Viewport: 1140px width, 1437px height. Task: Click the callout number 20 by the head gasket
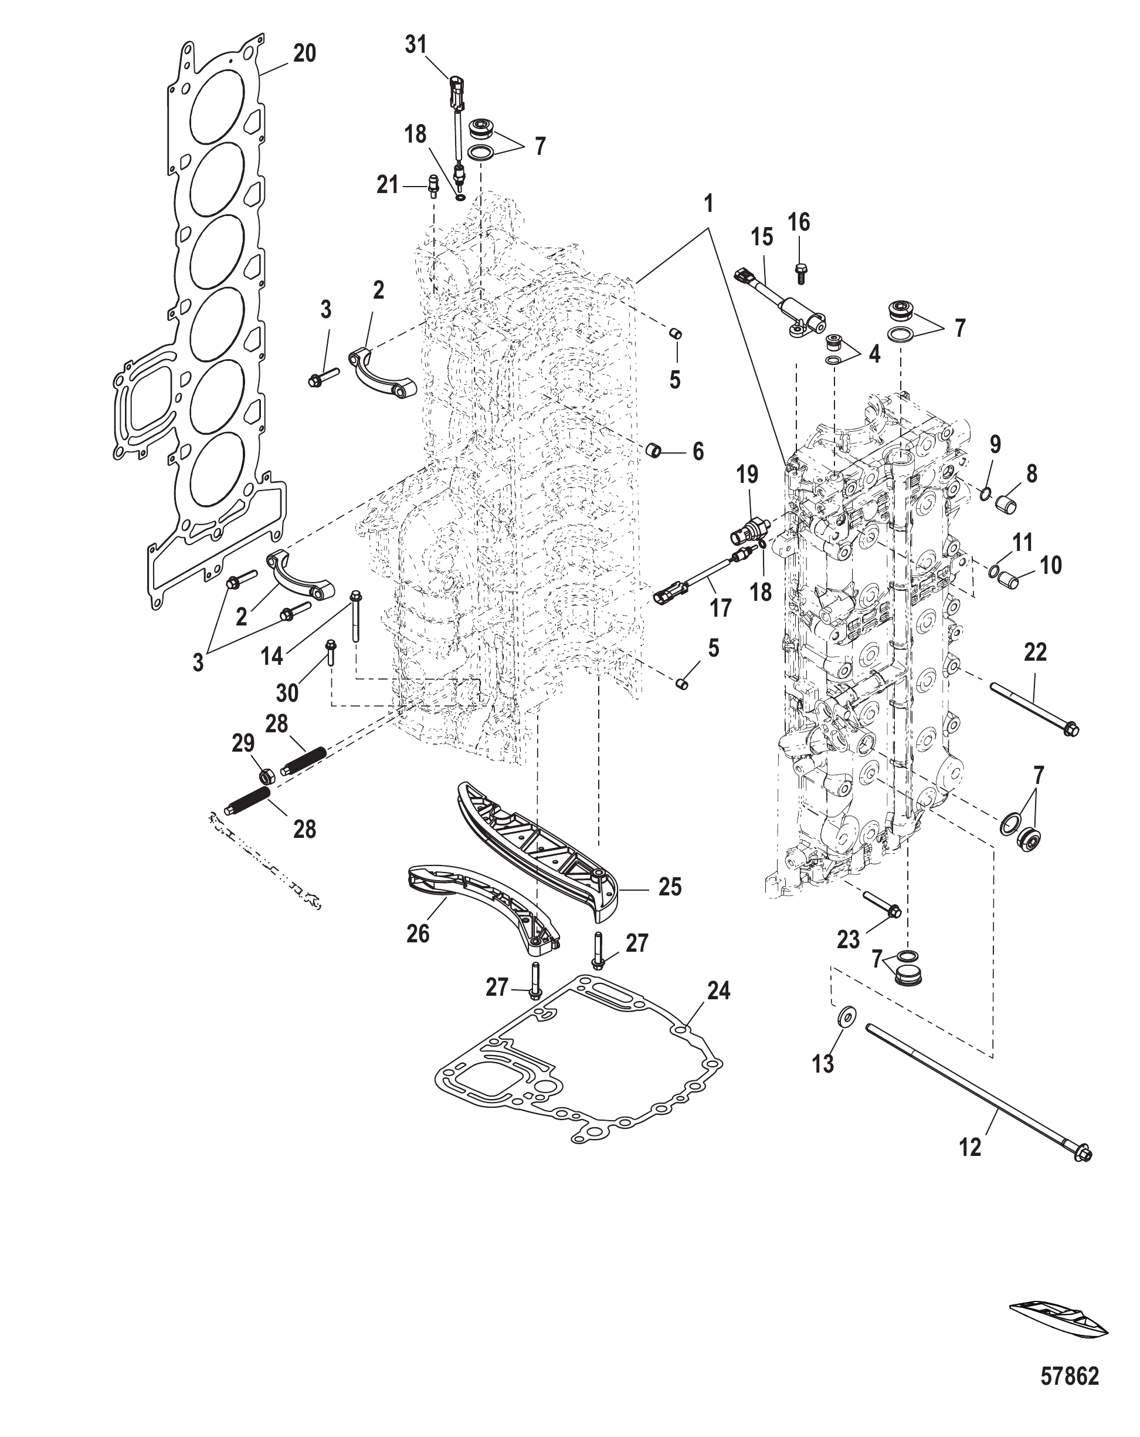[x=304, y=53]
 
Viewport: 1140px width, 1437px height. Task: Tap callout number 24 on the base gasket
[x=718, y=1009]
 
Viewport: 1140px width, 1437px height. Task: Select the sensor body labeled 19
[x=749, y=530]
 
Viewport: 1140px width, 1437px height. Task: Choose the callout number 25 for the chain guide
[x=670, y=887]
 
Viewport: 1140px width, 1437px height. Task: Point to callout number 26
[x=418, y=934]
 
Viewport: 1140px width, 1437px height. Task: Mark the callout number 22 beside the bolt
[x=1034, y=652]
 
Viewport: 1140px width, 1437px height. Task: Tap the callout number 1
[x=708, y=203]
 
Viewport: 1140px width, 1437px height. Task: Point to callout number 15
[x=762, y=237]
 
